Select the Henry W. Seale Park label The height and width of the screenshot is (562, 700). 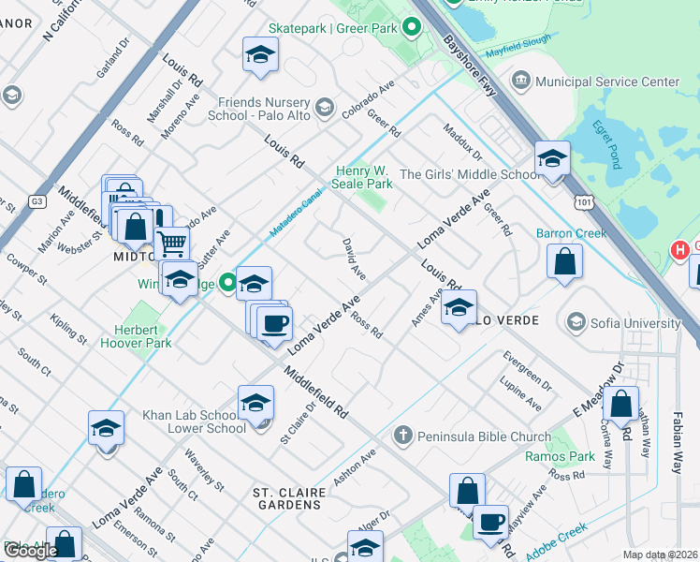coord(364,177)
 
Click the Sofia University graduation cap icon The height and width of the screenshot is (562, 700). coord(577,323)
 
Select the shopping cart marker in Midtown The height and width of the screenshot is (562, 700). coord(172,244)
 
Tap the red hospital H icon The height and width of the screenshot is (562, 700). coord(679,250)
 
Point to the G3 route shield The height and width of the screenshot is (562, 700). coord(37,200)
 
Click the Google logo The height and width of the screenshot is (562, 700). coord(32,551)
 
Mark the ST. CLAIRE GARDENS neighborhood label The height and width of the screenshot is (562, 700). coord(288,497)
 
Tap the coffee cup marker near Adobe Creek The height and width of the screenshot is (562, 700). coord(489,523)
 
